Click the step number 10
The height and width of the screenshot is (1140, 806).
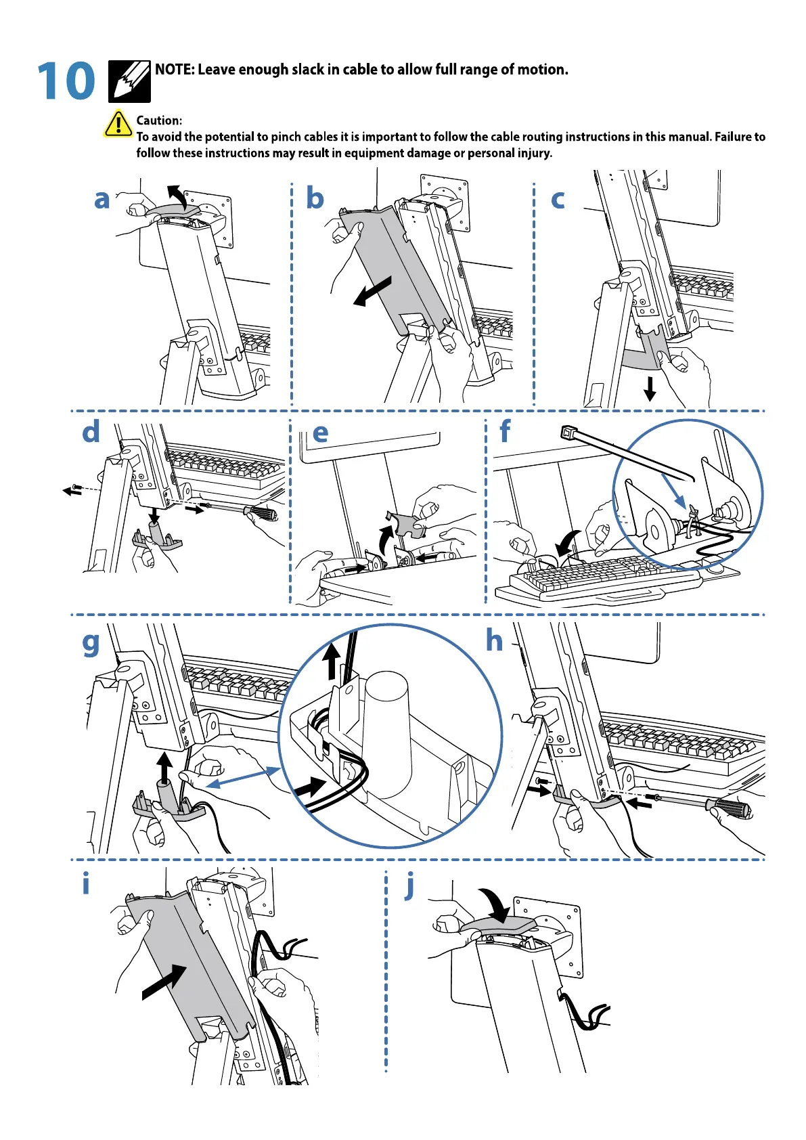tap(66, 81)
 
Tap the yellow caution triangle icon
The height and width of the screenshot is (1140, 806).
tap(118, 124)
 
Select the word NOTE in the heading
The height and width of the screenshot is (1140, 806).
tap(174, 69)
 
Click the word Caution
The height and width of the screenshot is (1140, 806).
tap(159, 120)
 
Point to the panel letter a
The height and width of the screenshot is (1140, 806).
tap(102, 200)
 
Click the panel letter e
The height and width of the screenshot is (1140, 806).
tap(320, 433)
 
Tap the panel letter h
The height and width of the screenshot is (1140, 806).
tap(495, 640)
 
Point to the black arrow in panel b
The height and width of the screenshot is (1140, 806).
tap(372, 290)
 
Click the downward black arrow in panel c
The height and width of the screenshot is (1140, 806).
tap(650, 389)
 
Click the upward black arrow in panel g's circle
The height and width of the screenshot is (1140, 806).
tap(331, 661)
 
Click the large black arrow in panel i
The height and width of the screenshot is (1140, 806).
tap(164, 982)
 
